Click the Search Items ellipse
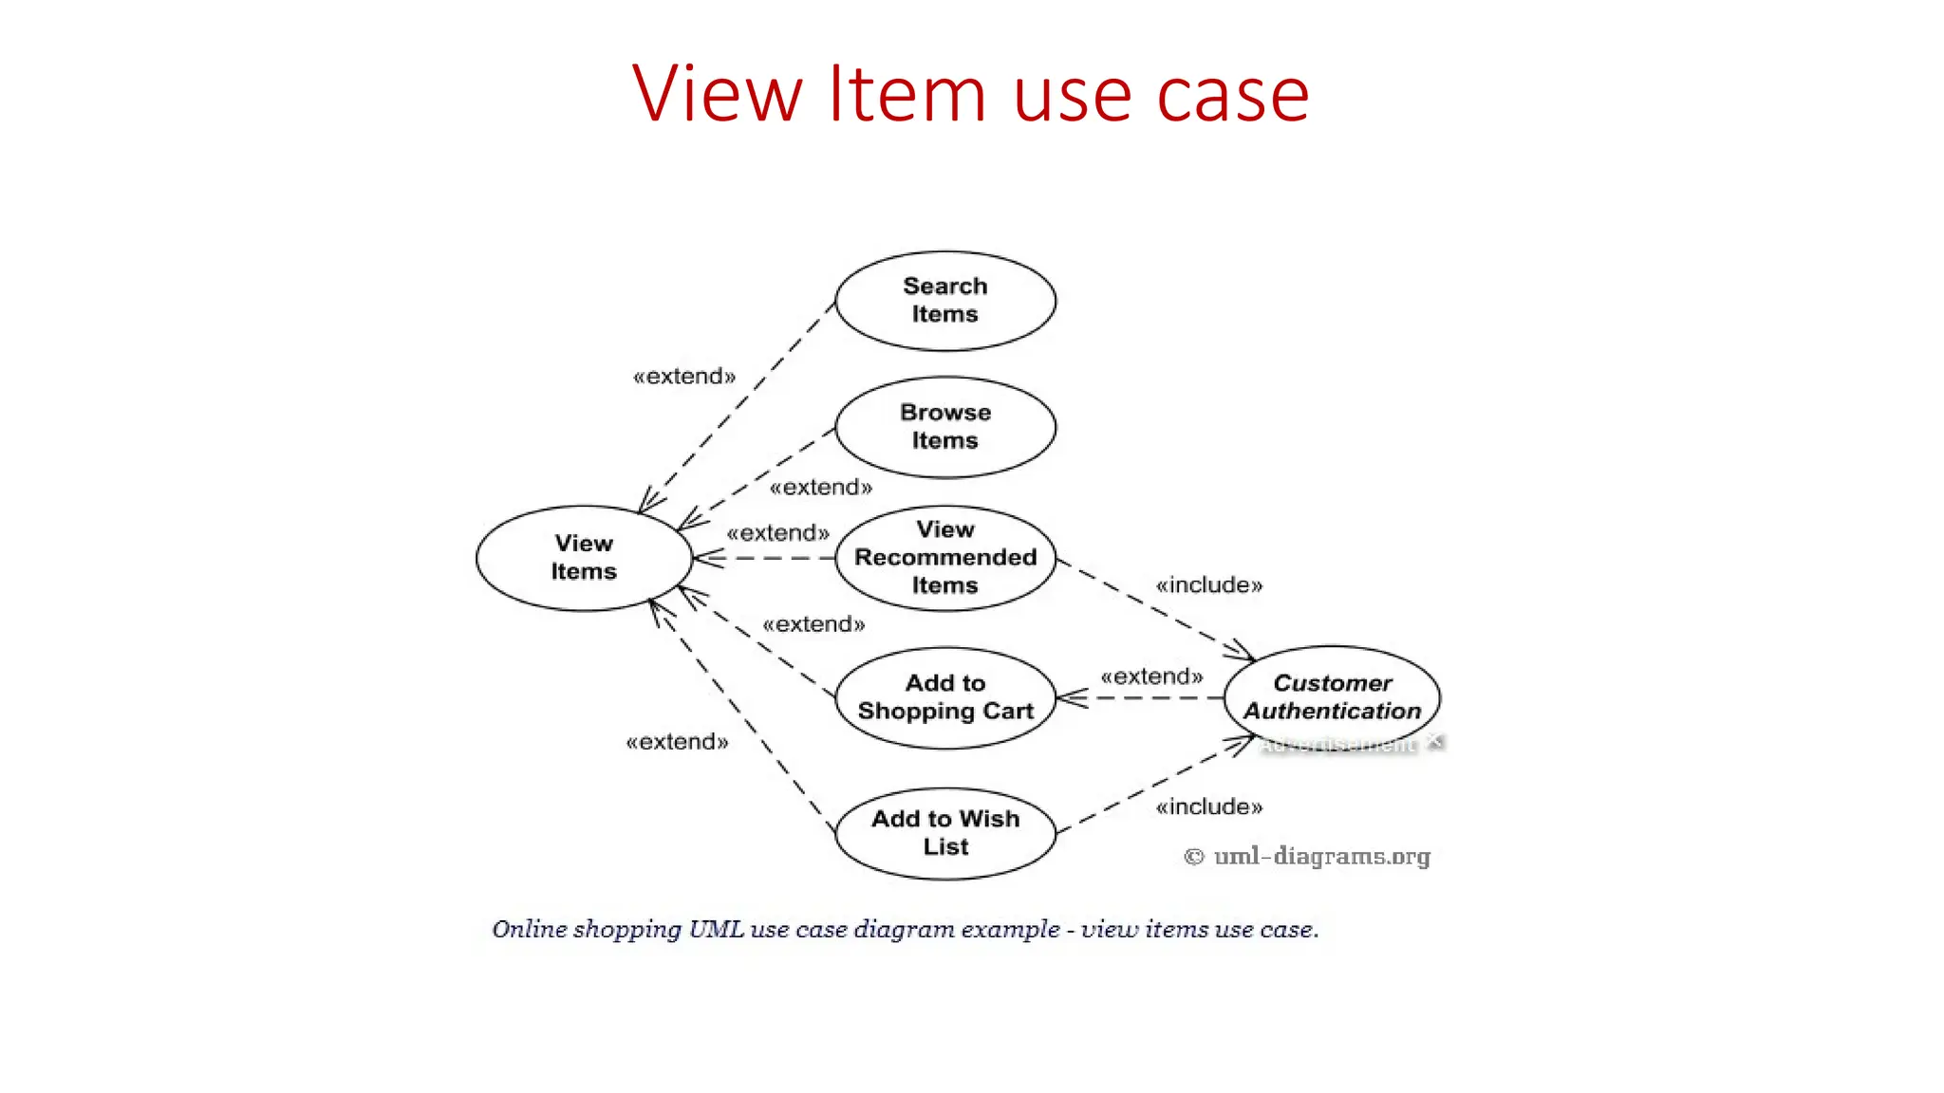tap(945, 301)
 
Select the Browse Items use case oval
tap(945, 427)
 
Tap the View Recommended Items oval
tap(945, 558)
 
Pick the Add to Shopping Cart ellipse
tap(945, 697)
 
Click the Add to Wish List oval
tap(945, 833)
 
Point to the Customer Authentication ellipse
tap(1332, 697)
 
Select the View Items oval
tap(584, 558)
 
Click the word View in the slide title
tap(717, 94)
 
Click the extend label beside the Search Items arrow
tap(684, 377)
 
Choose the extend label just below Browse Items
tap(821, 488)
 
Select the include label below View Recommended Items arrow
tap(1209, 585)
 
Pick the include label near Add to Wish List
tap(1209, 807)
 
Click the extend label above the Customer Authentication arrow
tap(1151, 676)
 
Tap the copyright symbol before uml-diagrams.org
tap(1194, 857)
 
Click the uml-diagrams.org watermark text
tap(1321, 857)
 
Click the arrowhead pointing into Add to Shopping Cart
tap(1069, 698)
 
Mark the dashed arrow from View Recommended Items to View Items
tap(764, 558)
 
